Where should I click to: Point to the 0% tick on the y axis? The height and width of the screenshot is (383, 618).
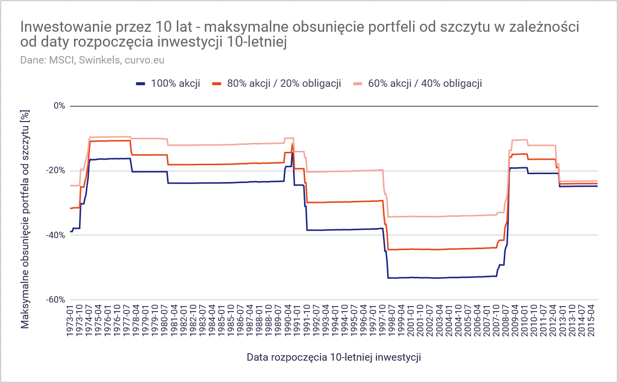(x=59, y=106)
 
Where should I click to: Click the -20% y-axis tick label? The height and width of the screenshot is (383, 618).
(x=56, y=170)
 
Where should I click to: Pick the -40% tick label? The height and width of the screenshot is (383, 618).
(x=56, y=235)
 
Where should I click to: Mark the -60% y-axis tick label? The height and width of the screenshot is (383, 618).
(x=56, y=300)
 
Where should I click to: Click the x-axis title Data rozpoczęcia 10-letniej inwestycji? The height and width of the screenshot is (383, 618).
(x=334, y=357)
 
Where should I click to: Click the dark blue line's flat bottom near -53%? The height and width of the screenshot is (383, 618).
(x=437, y=278)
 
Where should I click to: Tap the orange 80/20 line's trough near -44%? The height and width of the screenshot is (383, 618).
(x=437, y=250)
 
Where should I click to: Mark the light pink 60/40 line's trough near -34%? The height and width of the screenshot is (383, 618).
(x=437, y=217)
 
